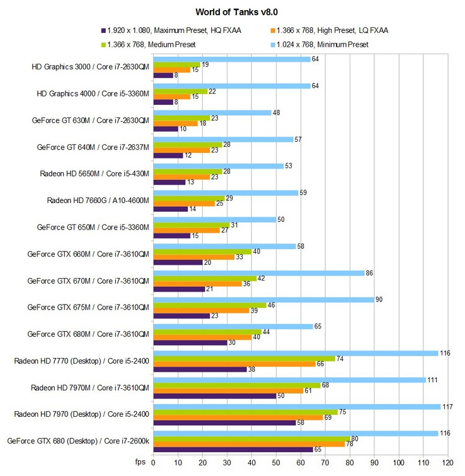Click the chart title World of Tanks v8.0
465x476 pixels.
pos(233,11)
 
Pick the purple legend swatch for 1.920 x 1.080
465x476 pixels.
pos(103,30)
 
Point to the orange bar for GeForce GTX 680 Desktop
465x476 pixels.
pos(250,443)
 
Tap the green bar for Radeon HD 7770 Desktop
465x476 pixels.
pos(245,358)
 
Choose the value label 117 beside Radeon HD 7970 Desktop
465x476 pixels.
pos(449,406)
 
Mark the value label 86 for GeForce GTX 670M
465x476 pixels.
pos(372,272)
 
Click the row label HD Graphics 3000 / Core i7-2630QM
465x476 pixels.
pos(90,66)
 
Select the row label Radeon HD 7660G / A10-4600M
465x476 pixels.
pos(98,200)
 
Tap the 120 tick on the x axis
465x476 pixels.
pos(448,462)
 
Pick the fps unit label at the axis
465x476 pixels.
pos(141,462)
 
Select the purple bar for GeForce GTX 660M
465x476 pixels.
pos(179,262)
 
